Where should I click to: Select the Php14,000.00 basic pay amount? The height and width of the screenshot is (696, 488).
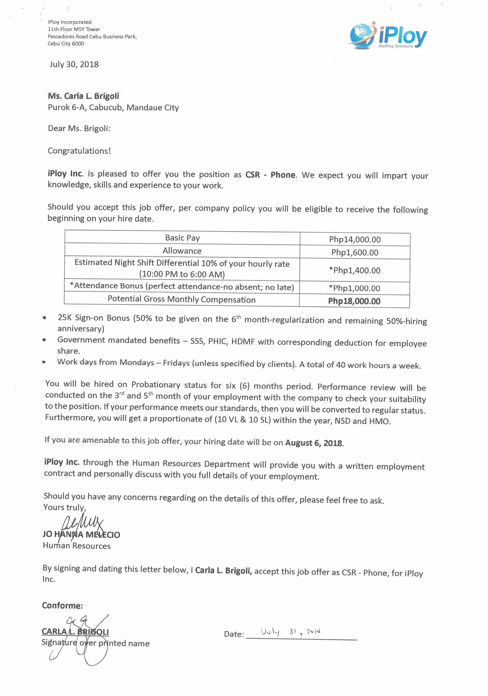355,240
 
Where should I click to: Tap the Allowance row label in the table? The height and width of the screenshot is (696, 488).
182,251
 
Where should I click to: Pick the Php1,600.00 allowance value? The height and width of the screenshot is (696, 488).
355,253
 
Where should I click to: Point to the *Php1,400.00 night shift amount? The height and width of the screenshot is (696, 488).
355,270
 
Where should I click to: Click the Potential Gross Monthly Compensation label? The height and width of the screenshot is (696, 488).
182,300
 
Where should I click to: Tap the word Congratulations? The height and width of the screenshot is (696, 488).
79,151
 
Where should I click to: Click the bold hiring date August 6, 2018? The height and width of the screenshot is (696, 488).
314,443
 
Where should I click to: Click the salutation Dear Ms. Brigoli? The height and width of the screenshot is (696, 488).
79,129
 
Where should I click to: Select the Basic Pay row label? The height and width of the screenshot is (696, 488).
182,238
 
